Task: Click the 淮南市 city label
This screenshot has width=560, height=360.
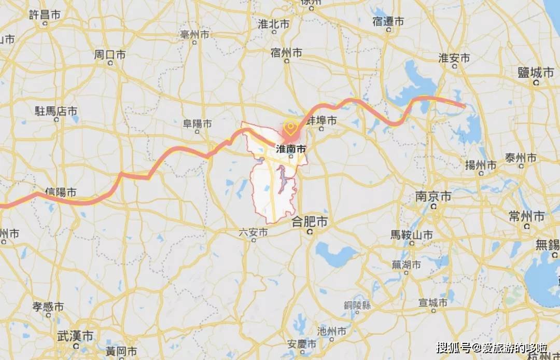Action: (290, 149)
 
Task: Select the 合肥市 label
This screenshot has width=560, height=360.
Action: (310, 222)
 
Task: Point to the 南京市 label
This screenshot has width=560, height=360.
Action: (433, 197)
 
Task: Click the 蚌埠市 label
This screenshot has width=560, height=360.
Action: (321, 121)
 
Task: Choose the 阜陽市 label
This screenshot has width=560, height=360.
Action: (198, 124)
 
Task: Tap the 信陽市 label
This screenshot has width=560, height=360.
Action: (61, 192)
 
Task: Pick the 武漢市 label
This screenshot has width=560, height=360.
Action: (76, 336)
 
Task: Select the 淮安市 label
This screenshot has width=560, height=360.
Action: (454, 58)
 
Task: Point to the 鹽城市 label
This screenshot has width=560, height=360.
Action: (536, 73)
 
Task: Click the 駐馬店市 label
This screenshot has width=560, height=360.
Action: (56, 111)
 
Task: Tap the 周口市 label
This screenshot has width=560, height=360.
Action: (110, 54)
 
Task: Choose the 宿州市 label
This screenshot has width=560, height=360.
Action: (286, 52)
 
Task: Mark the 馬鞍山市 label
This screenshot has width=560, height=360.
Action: (412, 234)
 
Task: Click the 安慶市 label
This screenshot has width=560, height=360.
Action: (301, 344)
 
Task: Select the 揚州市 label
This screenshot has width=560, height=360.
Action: (481, 165)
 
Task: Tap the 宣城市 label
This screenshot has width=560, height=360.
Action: (433, 302)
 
